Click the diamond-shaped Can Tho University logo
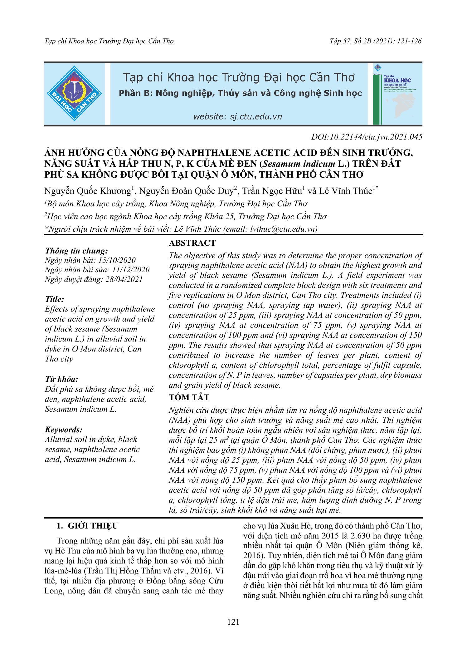pyautogui.click(x=74, y=94)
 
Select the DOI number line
pyautogui.click(x=367, y=137)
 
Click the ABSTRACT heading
pyautogui.click(x=192, y=243)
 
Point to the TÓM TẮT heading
pyautogui.click(x=189, y=397)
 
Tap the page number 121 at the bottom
pyautogui.click(x=233, y=622)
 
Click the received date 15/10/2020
pyautogui.click(x=117, y=260)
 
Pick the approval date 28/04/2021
pyautogui.click(x=124, y=279)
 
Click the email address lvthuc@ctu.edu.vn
pyautogui.click(x=282, y=229)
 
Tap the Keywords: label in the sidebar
pyautogui.click(x=64, y=430)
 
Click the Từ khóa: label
pyautogui.click(x=61, y=379)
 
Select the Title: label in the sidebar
pyautogui.click(x=55, y=299)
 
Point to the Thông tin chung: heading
pyautogui.click(x=76, y=251)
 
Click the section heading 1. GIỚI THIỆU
pyautogui.click(x=87, y=526)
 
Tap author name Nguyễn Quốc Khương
pyautogui.click(x=88, y=191)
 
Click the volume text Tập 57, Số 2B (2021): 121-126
pyautogui.click(x=375, y=41)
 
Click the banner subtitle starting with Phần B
pyautogui.click(x=240, y=93)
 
